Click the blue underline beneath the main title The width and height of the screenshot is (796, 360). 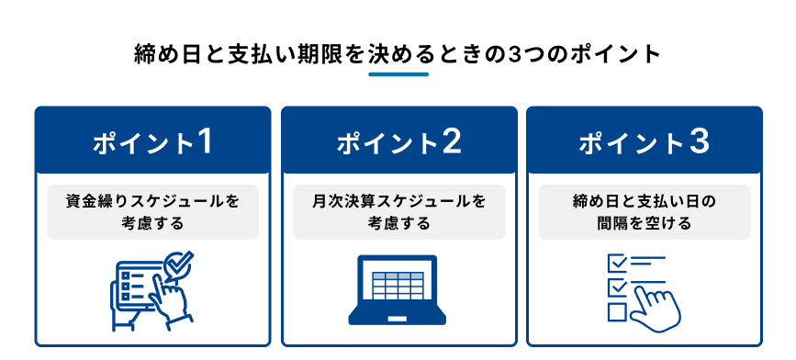(x=398, y=74)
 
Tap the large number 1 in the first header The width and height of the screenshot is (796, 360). (x=204, y=142)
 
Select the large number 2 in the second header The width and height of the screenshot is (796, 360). (x=452, y=142)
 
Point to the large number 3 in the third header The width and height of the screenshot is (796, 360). (x=699, y=142)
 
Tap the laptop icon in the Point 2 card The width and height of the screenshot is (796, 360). (x=397, y=290)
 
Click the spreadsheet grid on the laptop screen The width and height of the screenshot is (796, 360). (x=398, y=286)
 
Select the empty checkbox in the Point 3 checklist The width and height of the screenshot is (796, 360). (x=616, y=311)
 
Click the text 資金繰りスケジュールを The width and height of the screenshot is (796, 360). (x=152, y=201)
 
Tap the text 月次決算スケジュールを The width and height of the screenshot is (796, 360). (x=399, y=201)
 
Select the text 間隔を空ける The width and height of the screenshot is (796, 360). (x=645, y=223)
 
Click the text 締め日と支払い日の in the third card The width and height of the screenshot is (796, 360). (x=644, y=201)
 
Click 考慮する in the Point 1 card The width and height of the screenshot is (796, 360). (x=152, y=223)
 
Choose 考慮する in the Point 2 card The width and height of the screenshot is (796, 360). (x=399, y=223)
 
